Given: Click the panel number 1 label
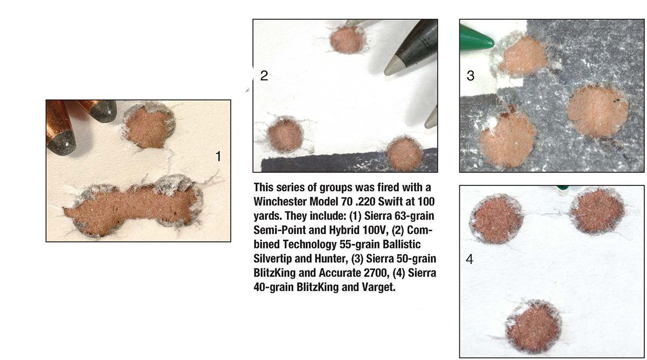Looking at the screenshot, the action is pyautogui.click(x=218, y=156).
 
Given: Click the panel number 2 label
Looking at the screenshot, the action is pyautogui.click(x=264, y=75).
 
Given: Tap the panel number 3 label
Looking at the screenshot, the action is pyautogui.click(x=471, y=75).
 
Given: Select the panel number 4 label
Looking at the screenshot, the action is pyautogui.click(x=470, y=259).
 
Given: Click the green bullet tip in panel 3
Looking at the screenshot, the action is pyautogui.click(x=477, y=38).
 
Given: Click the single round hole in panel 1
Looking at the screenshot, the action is pyautogui.click(x=149, y=126).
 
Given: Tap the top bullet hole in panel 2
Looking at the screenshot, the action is pyautogui.click(x=347, y=40).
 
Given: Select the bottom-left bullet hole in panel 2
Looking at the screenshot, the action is pyautogui.click(x=285, y=135).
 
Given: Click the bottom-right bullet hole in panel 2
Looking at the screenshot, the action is pyautogui.click(x=405, y=154).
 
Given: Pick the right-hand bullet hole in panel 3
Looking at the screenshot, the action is pyautogui.click(x=597, y=111).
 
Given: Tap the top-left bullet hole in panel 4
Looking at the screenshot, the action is pyautogui.click(x=497, y=219).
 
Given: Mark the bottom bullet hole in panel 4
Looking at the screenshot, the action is pyautogui.click(x=534, y=327).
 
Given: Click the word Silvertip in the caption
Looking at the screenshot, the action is pyautogui.click(x=272, y=258).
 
